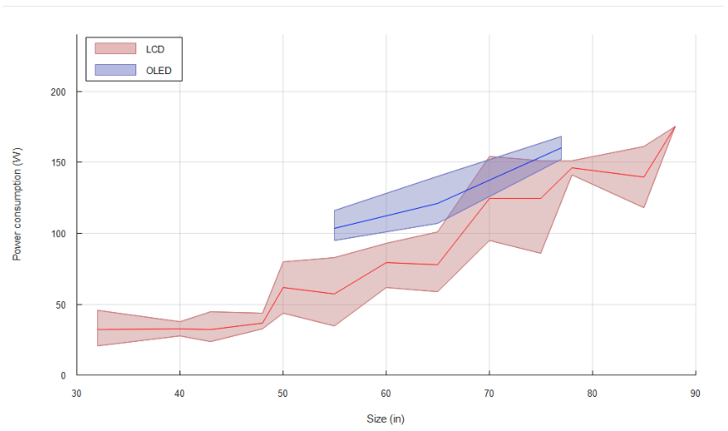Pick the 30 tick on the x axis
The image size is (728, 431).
tap(76, 393)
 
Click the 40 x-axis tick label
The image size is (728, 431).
tap(180, 393)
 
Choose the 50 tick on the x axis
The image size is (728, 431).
tap(283, 393)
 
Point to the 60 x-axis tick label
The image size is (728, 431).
tap(386, 393)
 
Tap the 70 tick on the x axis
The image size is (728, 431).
tap(489, 393)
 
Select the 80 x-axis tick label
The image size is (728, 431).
tap(592, 393)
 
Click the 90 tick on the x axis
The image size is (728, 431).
tap(695, 393)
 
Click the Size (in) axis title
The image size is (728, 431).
tap(386, 419)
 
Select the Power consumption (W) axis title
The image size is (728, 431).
tap(17, 203)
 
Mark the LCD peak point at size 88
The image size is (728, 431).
tap(674, 126)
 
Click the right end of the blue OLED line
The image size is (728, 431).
tap(561, 148)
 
